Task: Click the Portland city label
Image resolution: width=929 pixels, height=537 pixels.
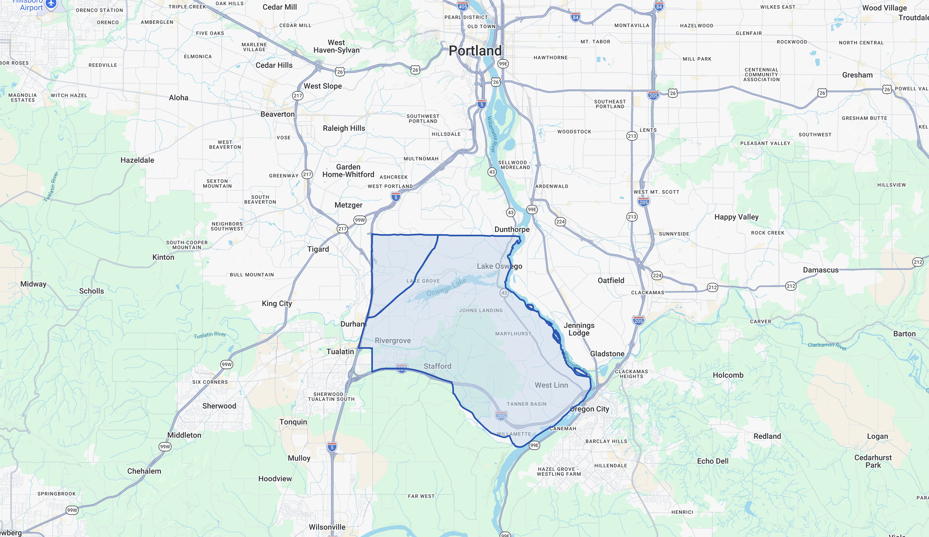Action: pyautogui.click(x=475, y=51)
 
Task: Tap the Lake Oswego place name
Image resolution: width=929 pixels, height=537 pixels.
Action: pyautogui.click(x=499, y=266)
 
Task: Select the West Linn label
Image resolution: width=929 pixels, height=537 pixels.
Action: pyautogui.click(x=551, y=385)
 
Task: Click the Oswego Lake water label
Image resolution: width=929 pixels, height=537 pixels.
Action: pyautogui.click(x=446, y=287)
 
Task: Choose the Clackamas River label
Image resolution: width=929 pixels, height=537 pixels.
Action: pyautogui.click(x=827, y=346)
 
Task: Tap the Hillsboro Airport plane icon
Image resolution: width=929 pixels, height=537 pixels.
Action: pyautogui.click(x=51, y=4)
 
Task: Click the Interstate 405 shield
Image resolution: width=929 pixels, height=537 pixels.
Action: pyautogui.click(x=463, y=6)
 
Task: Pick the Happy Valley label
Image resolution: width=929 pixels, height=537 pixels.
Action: pyautogui.click(x=736, y=217)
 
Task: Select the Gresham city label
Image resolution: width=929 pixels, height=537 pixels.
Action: pyautogui.click(x=857, y=75)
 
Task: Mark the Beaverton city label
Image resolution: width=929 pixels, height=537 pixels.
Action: pyautogui.click(x=277, y=114)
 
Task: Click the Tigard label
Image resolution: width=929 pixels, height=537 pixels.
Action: pyautogui.click(x=318, y=249)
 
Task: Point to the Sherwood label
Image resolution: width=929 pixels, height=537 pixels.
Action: pyautogui.click(x=219, y=406)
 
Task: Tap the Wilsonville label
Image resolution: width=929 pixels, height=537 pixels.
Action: pyautogui.click(x=327, y=527)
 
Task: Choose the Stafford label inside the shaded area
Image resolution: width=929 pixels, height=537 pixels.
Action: pyautogui.click(x=437, y=366)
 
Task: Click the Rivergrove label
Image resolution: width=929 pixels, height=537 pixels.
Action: pyautogui.click(x=393, y=341)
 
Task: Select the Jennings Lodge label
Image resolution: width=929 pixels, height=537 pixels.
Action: pyautogui.click(x=579, y=329)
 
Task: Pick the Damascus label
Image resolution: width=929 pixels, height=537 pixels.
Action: pyautogui.click(x=820, y=270)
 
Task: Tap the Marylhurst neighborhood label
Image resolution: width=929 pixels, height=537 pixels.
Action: pyautogui.click(x=513, y=334)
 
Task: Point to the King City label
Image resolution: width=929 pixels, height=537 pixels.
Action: pyautogui.click(x=277, y=303)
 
